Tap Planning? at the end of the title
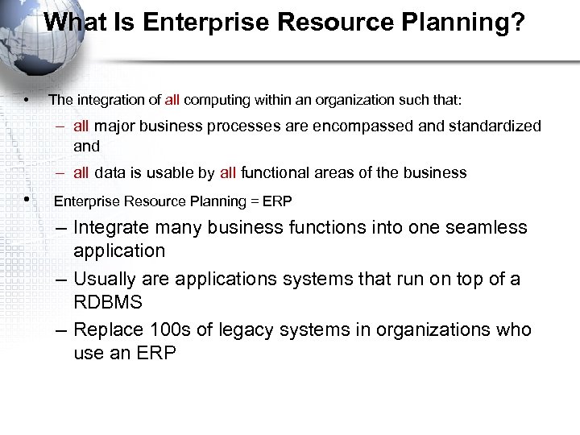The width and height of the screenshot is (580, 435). tap(473, 23)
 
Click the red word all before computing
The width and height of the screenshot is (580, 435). tap(172, 101)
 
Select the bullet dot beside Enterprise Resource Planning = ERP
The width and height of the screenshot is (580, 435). tap(27, 199)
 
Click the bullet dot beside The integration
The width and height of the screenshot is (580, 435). tap(27, 101)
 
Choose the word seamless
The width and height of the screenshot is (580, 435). tap(487, 228)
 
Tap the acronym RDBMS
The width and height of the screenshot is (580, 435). tap(108, 302)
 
